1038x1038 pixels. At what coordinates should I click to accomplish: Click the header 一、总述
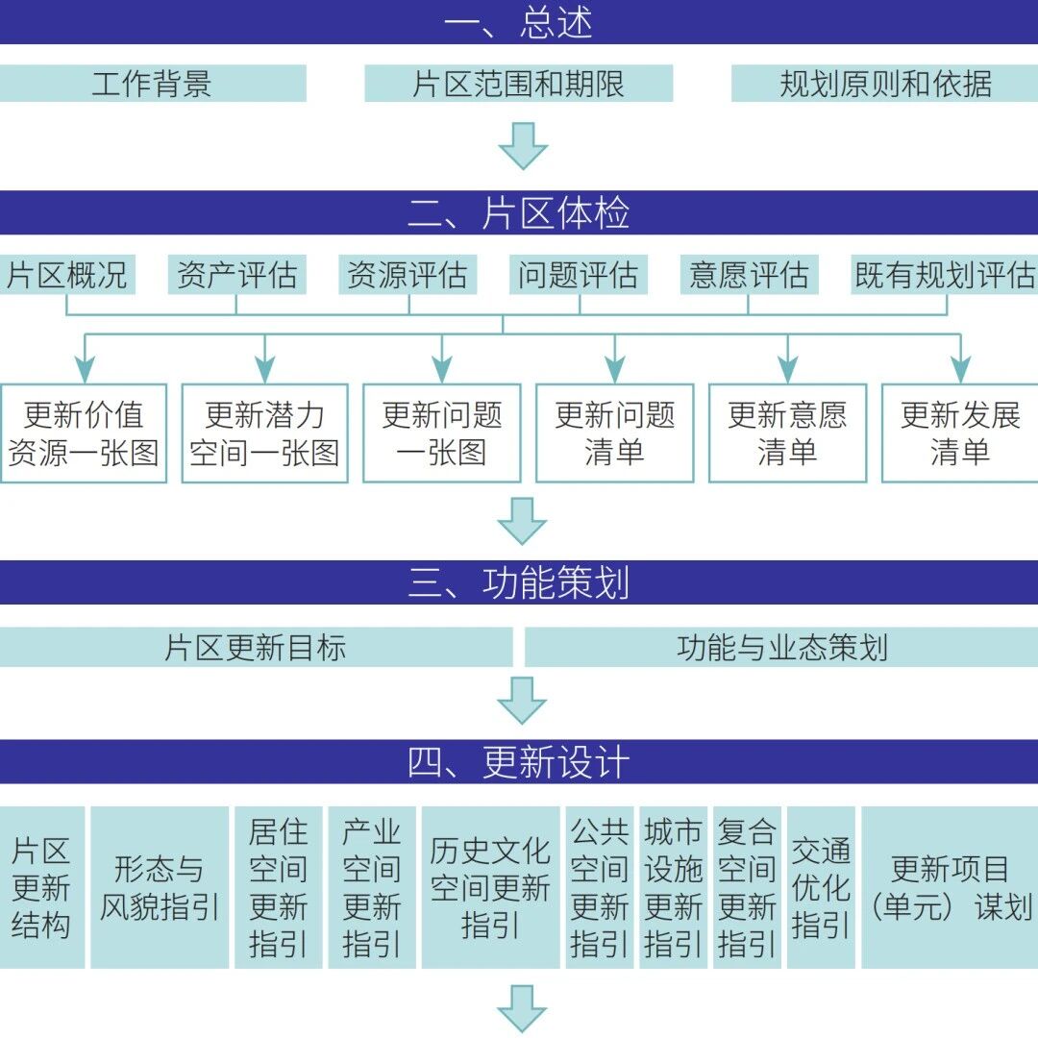pyautogui.click(x=519, y=22)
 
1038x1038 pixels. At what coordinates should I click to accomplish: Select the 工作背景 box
pyautogui.click(x=153, y=84)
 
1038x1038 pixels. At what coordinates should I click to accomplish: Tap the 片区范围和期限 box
pyautogui.click(x=519, y=84)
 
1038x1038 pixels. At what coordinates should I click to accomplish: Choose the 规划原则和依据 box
pyautogui.click(x=884, y=84)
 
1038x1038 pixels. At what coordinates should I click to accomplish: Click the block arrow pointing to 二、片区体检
pyautogui.click(x=523, y=146)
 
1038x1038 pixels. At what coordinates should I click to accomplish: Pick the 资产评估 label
pyautogui.click(x=237, y=275)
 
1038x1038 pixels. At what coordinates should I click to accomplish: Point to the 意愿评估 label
pyautogui.click(x=750, y=275)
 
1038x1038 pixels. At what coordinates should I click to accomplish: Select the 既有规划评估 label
pyautogui.click(x=944, y=275)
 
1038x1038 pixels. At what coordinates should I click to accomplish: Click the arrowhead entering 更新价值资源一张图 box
pyautogui.click(x=85, y=369)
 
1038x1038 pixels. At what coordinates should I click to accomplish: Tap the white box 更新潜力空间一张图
pyautogui.click(x=265, y=433)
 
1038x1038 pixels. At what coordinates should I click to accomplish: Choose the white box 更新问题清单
pyautogui.click(x=615, y=433)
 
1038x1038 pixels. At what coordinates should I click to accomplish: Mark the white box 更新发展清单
pyautogui.click(x=960, y=433)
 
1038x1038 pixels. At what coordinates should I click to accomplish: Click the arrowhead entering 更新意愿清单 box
pyautogui.click(x=788, y=369)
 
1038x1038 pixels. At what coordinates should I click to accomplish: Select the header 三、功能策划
pyautogui.click(x=519, y=582)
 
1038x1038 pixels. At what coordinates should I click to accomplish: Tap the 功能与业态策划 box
pyautogui.click(x=781, y=648)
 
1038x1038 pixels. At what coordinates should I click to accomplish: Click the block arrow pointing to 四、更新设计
pyautogui.click(x=522, y=701)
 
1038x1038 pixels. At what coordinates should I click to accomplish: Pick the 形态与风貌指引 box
pyautogui.click(x=160, y=888)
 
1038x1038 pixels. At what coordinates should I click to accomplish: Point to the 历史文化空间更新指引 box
pyautogui.click(x=490, y=888)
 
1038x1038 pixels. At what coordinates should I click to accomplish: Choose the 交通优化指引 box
pyautogui.click(x=821, y=888)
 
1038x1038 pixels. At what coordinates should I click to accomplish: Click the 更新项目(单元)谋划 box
pyautogui.click(x=950, y=888)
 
